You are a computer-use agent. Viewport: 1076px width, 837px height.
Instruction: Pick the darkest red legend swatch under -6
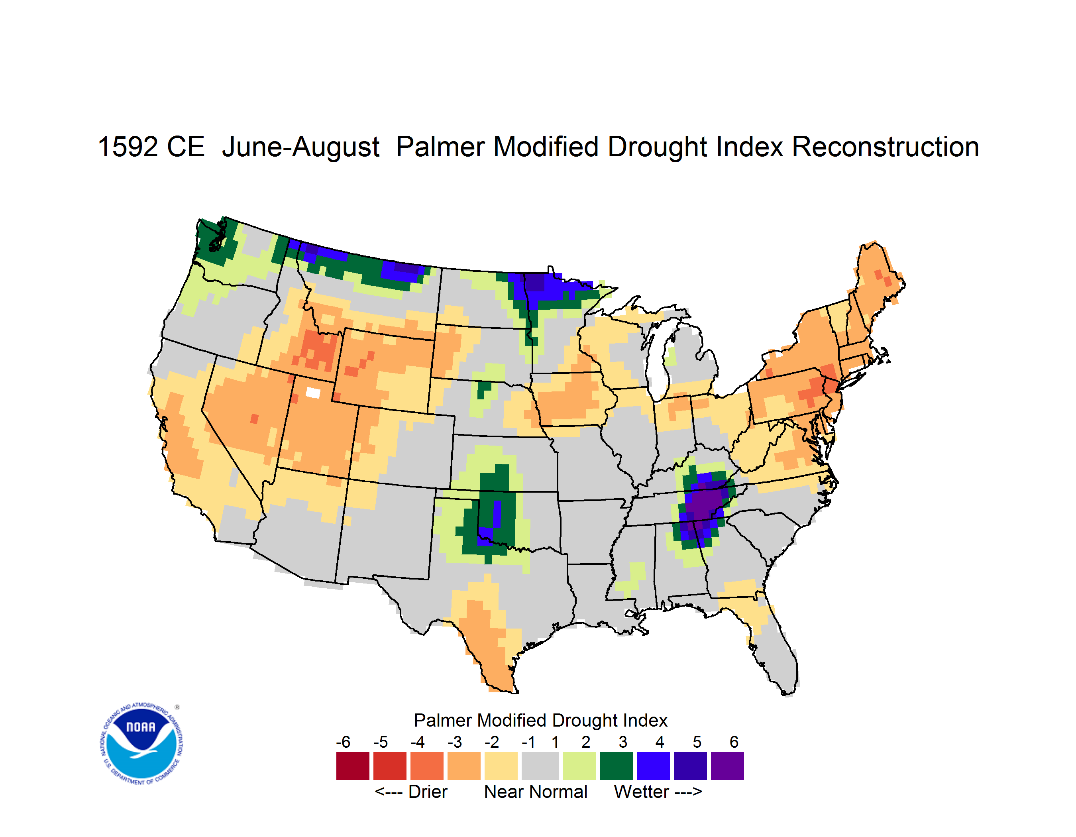353,766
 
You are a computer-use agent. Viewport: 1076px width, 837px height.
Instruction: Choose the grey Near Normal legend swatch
540,766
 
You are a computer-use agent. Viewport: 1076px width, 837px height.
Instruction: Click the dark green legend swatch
616,766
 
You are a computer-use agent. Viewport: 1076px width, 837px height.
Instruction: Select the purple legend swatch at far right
727,766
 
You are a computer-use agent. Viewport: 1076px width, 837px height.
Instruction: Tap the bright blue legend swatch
653,766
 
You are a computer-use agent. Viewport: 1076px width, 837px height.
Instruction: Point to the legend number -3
455,742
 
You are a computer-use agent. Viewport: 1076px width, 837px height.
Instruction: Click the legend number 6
734,742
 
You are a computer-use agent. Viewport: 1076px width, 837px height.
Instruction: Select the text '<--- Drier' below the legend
411,792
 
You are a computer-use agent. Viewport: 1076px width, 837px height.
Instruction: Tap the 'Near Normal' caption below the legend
536,792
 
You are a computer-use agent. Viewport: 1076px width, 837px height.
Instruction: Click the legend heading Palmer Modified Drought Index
540,720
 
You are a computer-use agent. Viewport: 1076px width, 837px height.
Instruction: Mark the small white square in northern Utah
313,393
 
